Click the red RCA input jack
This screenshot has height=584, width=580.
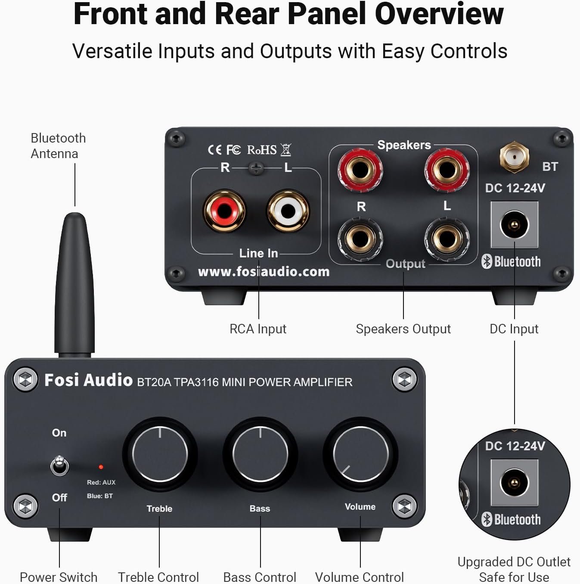click(x=224, y=211)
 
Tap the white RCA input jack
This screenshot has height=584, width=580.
click(x=288, y=211)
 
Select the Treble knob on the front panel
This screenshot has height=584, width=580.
click(x=160, y=454)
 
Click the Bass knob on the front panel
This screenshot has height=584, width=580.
click(x=260, y=454)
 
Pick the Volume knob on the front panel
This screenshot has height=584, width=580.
click(x=360, y=454)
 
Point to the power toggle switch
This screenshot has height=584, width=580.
click(x=59, y=466)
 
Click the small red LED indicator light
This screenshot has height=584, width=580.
click(x=101, y=467)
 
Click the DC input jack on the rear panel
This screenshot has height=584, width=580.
click(x=514, y=225)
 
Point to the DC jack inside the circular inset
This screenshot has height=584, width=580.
click(x=514, y=482)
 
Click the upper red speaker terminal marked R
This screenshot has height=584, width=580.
click(x=360, y=169)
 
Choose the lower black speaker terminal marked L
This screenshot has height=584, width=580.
click(x=447, y=238)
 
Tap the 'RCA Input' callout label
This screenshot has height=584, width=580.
click(x=257, y=329)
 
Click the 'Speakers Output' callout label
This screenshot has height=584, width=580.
click(x=403, y=329)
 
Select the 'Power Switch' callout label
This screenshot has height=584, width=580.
click(x=59, y=577)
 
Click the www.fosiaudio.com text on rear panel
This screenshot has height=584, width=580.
click(x=264, y=272)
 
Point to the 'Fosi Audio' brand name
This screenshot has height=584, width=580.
click(x=88, y=380)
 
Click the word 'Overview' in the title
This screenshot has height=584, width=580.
click(x=439, y=14)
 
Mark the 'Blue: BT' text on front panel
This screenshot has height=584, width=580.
click(x=100, y=496)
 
